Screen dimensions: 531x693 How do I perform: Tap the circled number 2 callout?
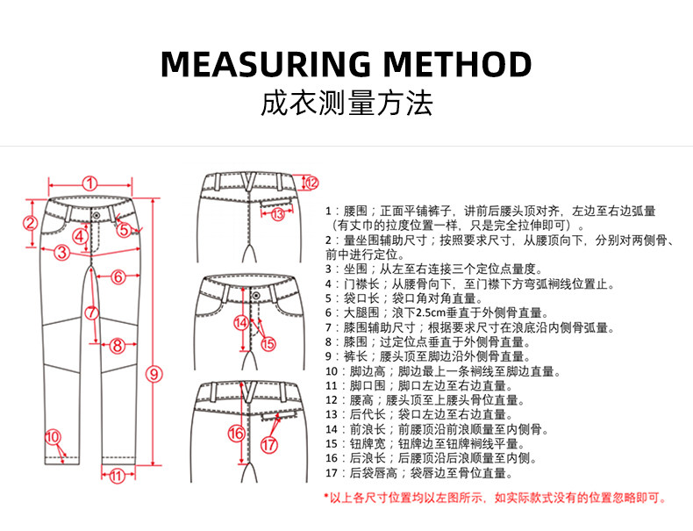tap(29, 223)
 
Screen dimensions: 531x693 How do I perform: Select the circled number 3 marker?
tap(61, 254)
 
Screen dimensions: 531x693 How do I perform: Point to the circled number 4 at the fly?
tap(80, 235)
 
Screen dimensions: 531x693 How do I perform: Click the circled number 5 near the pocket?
tap(124, 229)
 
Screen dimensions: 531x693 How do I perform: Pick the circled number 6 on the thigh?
tap(118, 276)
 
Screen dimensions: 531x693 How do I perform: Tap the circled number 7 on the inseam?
tap(91, 312)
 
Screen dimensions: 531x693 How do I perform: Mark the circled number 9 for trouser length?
tap(154, 373)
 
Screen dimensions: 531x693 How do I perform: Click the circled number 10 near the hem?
tap(53, 436)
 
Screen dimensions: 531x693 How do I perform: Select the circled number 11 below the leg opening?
tap(118, 477)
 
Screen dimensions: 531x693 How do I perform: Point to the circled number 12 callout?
tap(311, 183)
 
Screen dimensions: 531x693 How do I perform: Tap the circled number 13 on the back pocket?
tap(278, 213)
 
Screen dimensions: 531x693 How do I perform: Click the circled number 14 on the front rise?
tap(240, 322)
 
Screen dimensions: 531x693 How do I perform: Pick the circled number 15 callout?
tap(268, 344)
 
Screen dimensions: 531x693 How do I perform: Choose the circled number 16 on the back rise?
tap(235, 433)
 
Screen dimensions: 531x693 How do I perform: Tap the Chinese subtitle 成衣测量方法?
tap(346, 104)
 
